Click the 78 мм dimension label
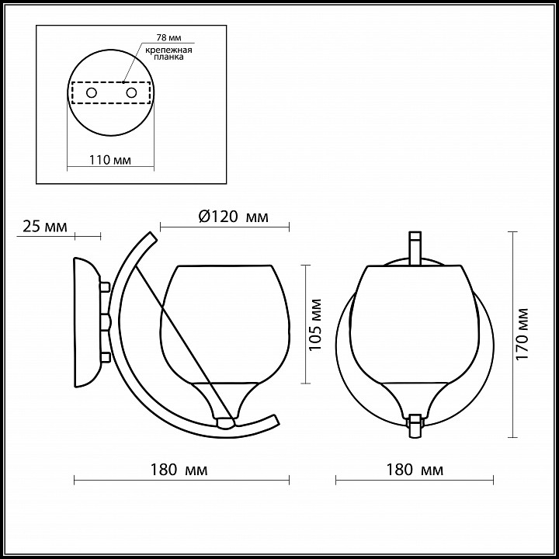pos(169,37)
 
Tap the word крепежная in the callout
pos(169,50)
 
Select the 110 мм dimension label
pos(109,160)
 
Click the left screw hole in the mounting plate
pos(92,93)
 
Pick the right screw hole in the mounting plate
pos(131,93)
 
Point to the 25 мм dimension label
pos(45,227)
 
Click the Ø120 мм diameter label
pos(233,217)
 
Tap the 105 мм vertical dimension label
pos(315,325)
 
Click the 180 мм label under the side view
pos(179,470)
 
